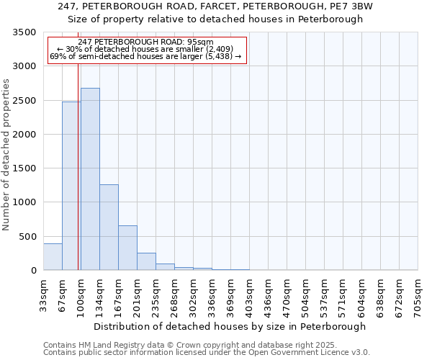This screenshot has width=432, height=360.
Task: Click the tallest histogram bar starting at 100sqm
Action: pyautogui.click(x=90, y=180)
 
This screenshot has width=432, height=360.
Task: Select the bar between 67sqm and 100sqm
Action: pyautogui.click(x=71, y=187)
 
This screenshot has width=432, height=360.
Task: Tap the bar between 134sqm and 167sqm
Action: pyautogui.click(x=109, y=228)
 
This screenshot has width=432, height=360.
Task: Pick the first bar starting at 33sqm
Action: pyautogui.click(x=53, y=257)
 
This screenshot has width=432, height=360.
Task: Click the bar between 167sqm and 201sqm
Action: pyautogui.click(x=127, y=248)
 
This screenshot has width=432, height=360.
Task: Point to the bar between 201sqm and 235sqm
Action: pyautogui.click(x=146, y=262)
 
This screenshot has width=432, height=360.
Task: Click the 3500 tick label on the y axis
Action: pyautogui.click(x=24, y=33)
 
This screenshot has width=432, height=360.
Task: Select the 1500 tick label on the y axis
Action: pyautogui.click(x=24, y=168)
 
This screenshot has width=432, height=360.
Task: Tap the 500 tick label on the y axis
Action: pyautogui.click(x=27, y=237)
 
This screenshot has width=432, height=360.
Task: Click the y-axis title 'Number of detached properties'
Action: pyautogui.click(x=6, y=154)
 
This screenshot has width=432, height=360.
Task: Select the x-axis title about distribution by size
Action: pyautogui.click(x=230, y=326)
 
